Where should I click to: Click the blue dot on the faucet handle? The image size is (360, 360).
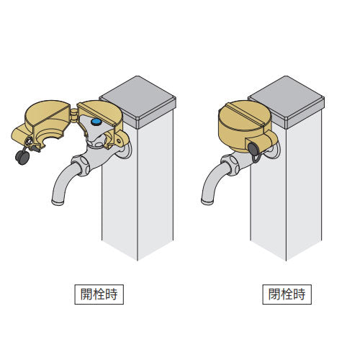point(96,122)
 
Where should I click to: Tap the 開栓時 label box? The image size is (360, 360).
point(99,294)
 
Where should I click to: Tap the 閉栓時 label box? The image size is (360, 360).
point(287,294)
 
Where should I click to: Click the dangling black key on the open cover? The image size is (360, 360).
point(22,157)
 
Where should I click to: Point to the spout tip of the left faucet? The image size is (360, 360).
point(58,202)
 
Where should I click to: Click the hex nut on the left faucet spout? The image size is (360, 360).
point(81,165)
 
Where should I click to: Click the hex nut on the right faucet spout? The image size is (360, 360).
point(230,165)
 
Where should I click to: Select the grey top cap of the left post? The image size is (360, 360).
point(138,102)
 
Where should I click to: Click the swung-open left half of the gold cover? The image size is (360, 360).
point(42,125)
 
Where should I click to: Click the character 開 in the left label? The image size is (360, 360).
point(86,294)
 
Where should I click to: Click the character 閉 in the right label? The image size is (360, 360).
point(274,294)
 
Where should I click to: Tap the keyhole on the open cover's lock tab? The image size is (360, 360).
point(30,142)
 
